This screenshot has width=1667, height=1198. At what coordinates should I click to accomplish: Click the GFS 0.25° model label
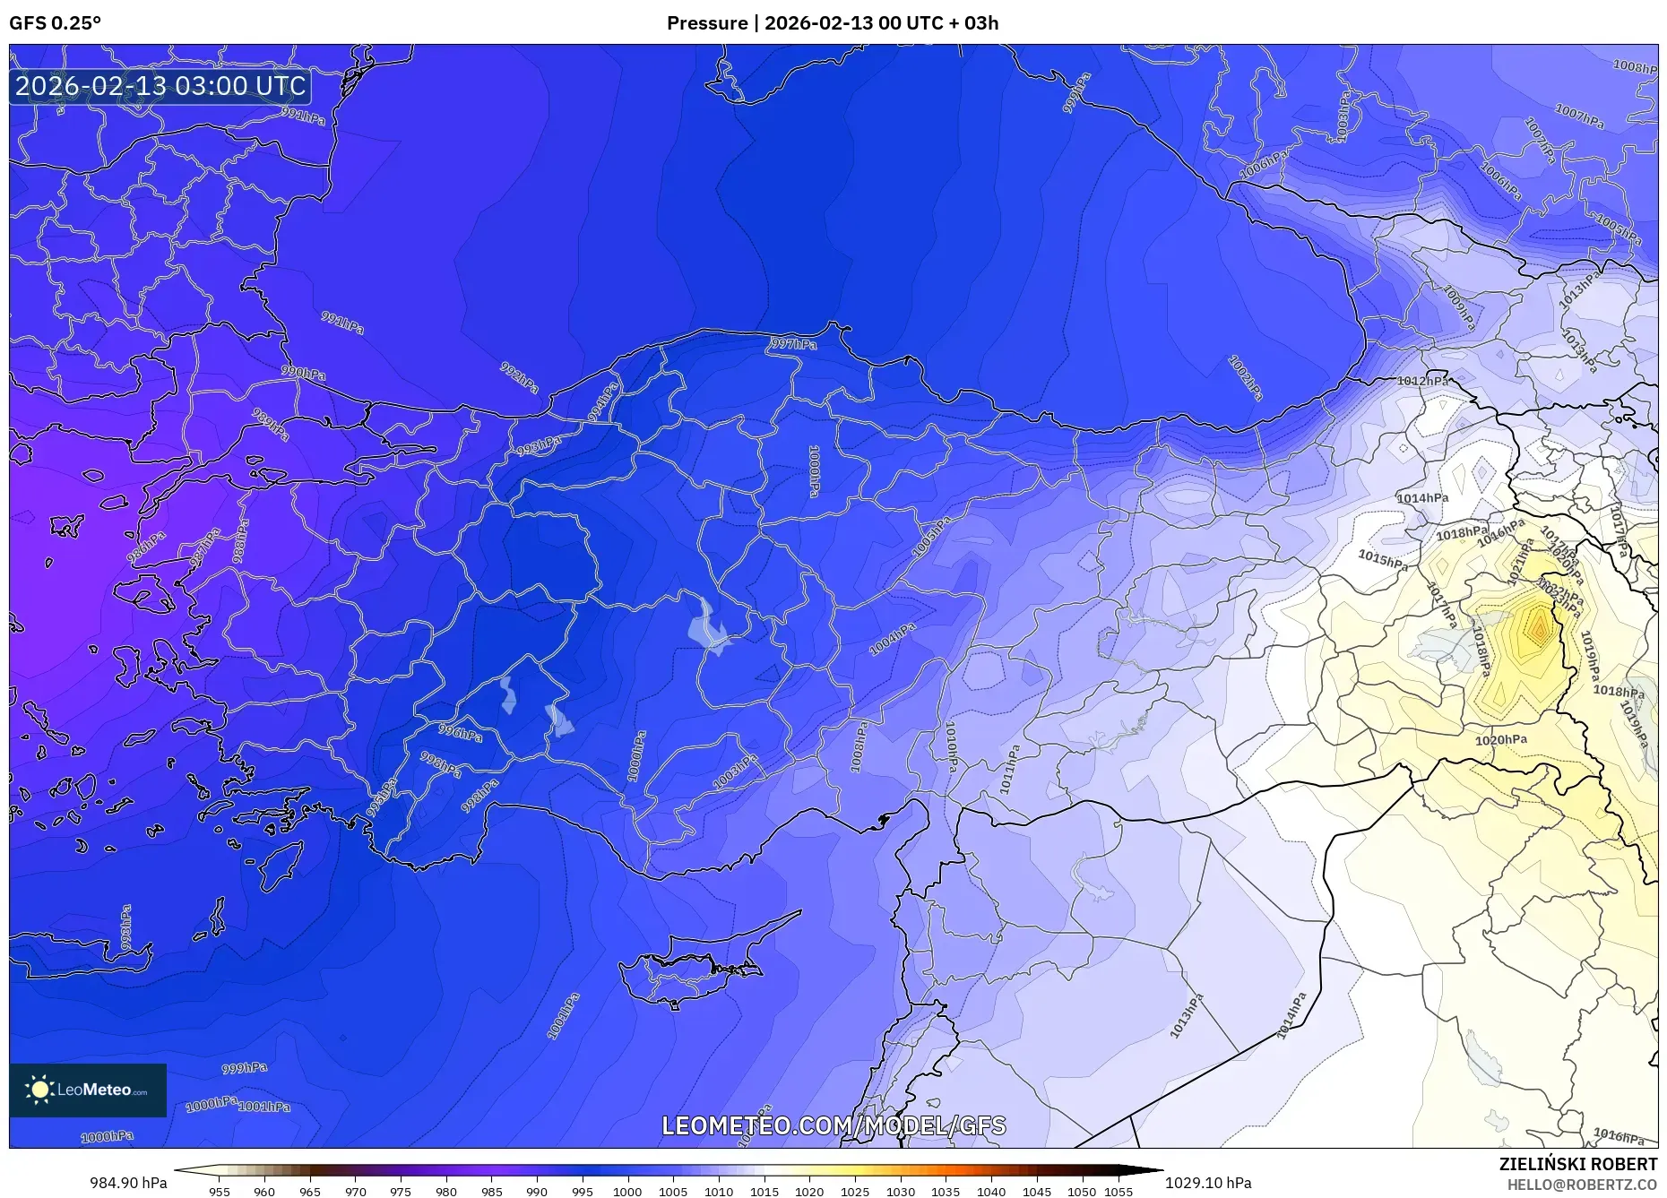55,23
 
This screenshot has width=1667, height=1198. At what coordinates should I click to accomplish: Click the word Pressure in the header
706,23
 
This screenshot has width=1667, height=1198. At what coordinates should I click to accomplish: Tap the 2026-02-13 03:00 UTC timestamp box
160,86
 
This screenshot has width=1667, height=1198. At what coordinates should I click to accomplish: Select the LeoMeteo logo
88,1090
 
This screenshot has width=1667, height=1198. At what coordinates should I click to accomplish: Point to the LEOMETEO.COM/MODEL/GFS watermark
833,1125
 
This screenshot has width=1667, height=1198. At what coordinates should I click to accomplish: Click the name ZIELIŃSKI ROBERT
1577,1164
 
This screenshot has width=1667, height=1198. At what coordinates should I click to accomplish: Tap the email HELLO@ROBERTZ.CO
1581,1185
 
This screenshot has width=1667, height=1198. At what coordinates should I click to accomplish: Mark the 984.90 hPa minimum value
128,1183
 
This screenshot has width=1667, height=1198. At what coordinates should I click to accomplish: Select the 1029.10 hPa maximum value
1208,1183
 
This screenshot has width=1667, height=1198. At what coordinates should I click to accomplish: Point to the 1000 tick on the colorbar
627,1192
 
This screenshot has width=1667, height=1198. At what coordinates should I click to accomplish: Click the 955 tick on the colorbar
220,1192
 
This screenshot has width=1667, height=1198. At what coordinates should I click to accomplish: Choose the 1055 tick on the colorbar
1119,1192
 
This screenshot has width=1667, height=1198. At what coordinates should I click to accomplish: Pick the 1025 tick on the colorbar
854,1192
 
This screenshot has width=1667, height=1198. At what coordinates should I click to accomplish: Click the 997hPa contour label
793,344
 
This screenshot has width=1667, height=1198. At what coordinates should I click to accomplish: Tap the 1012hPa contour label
1422,381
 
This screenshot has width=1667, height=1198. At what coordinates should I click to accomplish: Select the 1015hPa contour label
1382,559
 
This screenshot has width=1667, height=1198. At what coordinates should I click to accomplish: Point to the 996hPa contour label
460,733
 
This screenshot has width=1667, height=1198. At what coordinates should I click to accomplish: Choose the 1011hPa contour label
1010,769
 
